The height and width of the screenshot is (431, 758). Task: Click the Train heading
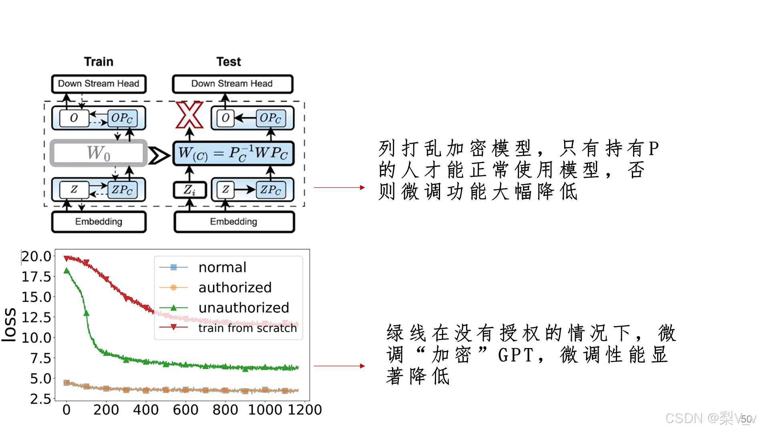click(x=99, y=62)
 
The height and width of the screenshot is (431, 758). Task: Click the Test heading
click(x=229, y=62)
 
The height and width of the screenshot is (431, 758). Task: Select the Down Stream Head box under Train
click(x=99, y=84)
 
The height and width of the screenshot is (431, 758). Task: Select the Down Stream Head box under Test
click(x=232, y=84)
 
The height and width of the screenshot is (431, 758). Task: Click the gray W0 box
click(x=99, y=153)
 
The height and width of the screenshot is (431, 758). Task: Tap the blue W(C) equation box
click(x=233, y=153)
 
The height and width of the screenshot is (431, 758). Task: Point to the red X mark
click(x=189, y=115)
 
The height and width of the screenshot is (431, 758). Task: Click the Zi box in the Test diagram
click(x=189, y=190)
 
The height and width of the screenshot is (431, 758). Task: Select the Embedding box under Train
click(x=99, y=222)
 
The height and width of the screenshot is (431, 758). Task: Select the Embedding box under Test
click(x=234, y=222)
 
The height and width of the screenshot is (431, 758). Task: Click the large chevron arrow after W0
click(x=159, y=155)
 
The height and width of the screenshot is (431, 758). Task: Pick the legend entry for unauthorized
click(x=243, y=307)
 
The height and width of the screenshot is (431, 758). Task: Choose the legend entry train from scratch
click(x=247, y=328)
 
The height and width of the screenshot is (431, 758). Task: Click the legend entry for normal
click(x=222, y=267)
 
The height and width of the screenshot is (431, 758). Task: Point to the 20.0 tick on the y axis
click(x=36, y=257)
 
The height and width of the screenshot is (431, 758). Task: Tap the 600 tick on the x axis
click(x=185, y=409)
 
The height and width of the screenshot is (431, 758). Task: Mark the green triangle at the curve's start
click(x=67, y=271)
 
